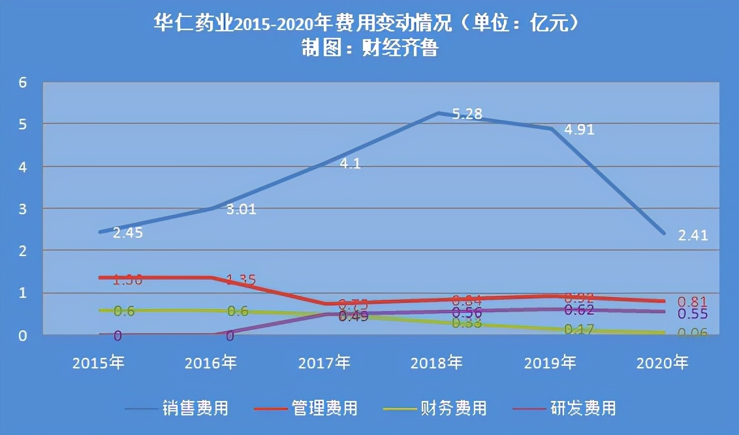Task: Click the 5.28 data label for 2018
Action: pyautogui.click(x=467, y=114)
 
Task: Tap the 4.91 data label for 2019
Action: pyautogui.click(x=580, y=129)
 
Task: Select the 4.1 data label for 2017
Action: pyautogui.click(x=350, y=164)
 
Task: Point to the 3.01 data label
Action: pyautogui.click(x=242, y=210)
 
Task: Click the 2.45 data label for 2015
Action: pyautogui.click(x=128, y=233)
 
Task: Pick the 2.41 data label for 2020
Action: pyautogui.click(x=693, y=236)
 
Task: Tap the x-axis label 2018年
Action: pyautogui.click(x=437, y=362)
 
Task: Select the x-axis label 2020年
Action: pyautogui.click(x=663, y=362)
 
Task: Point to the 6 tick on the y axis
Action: pyautogui.click(x=23, y=82)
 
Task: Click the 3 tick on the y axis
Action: pyautogui.click(x=23, y=209)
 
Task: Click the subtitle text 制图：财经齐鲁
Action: pyautogui.click(x=369, y=48)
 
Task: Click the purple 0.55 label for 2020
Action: pyautogui.click(x=693, y=314)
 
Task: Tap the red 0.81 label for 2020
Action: pyautogui.click(x=693, y=302)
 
